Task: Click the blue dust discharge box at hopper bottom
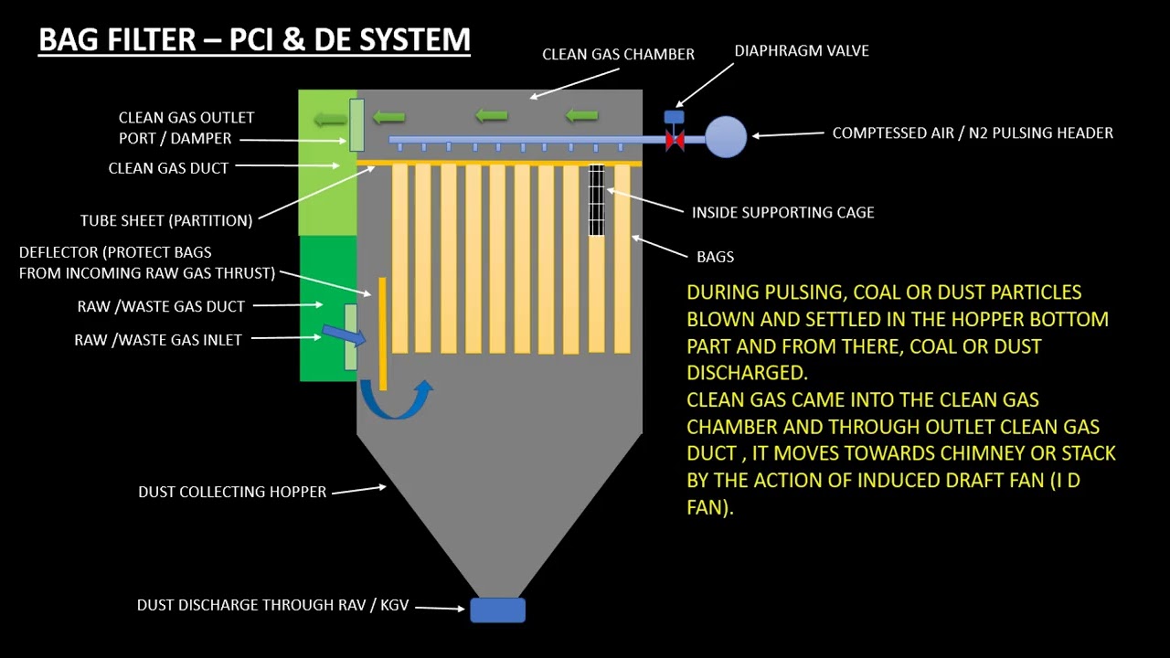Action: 497,610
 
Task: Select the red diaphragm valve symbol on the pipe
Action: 675,141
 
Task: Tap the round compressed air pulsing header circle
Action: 726,137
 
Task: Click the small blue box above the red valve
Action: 674,116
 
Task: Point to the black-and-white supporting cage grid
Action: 596,199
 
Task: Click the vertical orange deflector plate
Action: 382,334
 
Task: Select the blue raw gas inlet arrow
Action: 343,336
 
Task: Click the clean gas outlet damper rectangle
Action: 356,124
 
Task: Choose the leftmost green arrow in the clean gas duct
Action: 329,118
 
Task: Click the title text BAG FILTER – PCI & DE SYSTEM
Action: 254,40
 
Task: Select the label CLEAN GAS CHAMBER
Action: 618,54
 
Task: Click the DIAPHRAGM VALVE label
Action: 802,51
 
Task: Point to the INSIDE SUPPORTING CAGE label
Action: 782,212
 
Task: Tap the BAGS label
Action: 715,257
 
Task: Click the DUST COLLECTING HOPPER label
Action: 232,492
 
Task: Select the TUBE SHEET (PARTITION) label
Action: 166,220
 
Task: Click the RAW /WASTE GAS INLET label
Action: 158,340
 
